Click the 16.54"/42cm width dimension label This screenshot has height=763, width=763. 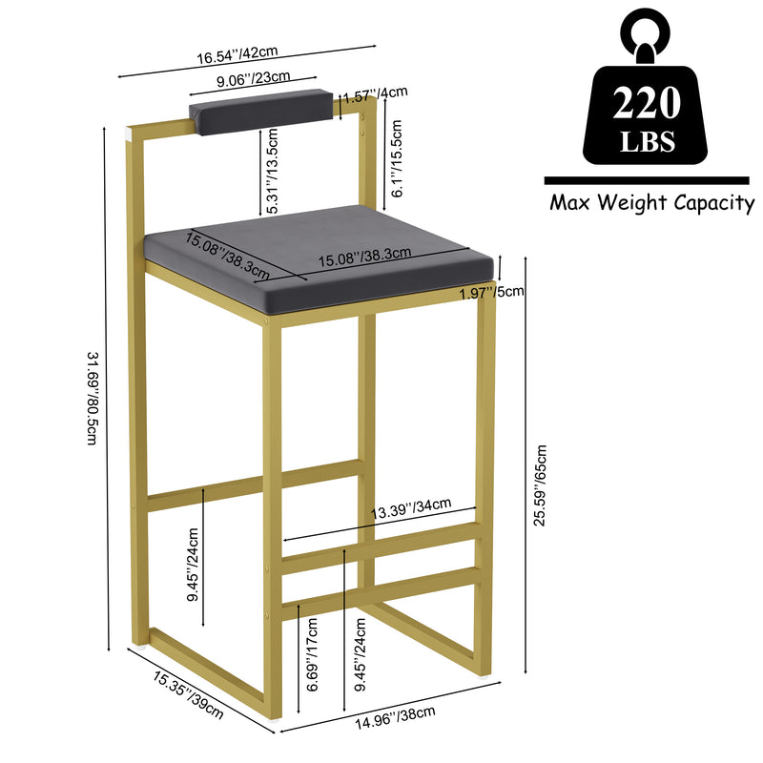pos(237,54)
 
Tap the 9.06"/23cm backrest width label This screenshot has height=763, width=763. pos(253,79)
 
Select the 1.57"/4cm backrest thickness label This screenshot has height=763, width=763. pos(375,94)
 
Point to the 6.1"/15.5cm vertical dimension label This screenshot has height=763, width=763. pos(397,158)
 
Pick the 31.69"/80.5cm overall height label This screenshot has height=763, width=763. pos(93,398)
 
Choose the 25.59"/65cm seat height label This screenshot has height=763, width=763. pos(540,485)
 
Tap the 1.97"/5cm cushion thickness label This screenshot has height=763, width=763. pos(492,293)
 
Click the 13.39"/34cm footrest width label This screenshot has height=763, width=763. pos(411,508)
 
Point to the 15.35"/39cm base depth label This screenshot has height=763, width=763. pos(188,695)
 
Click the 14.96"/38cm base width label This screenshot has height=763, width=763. pos(395,718)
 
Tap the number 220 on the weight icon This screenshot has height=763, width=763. pos(646,103)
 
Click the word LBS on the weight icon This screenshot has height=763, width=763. pos(647,141)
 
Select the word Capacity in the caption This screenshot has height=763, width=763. pos(713,203)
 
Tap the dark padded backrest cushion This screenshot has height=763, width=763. pos(261,111)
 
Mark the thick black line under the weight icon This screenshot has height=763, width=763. pos(647,180)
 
